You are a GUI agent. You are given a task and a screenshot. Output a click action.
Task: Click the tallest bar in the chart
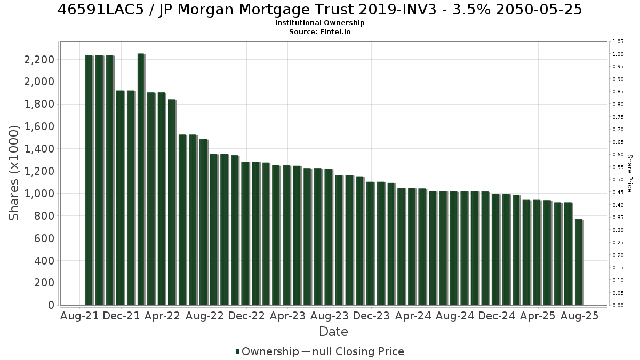click(x=141, y=179)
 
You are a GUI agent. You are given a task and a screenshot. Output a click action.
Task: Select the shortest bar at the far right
click(x=579, y=262)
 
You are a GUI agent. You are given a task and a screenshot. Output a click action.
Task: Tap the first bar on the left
click(x=89, y=180)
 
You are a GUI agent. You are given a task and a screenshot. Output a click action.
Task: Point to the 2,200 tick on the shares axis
click(x=39, y=60)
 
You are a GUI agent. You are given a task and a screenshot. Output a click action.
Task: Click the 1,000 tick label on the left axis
click(x=39, y=194)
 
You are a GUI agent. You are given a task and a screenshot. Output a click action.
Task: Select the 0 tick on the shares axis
click(x=51, y=305)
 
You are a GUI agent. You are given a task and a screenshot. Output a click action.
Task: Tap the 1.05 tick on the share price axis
click(x=618, y=42)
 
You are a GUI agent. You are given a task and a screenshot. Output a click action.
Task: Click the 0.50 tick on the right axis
click(x=618, y=180)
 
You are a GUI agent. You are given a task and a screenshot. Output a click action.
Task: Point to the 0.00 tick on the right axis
click(x=618, y=306)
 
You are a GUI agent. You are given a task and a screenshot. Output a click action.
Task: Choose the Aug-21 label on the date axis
click(x=79, y=316)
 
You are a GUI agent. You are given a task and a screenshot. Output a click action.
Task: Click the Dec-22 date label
click(x=246, y=316)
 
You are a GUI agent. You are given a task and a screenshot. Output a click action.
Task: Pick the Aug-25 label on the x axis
click(x=579, y=316)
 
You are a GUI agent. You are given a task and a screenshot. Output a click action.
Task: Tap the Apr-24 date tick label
click(x=413, y=316)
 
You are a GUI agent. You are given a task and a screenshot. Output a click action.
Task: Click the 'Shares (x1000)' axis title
click(x=13, y=173)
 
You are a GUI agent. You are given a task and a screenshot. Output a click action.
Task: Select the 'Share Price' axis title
click(x=629, y=173)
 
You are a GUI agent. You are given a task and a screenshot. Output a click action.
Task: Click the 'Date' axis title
click(x=333, y=332)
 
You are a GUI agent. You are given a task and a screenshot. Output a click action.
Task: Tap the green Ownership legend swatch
click(x=237, y=351)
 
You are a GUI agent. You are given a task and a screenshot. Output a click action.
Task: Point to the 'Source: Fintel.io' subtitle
click(x=319, y=31)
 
